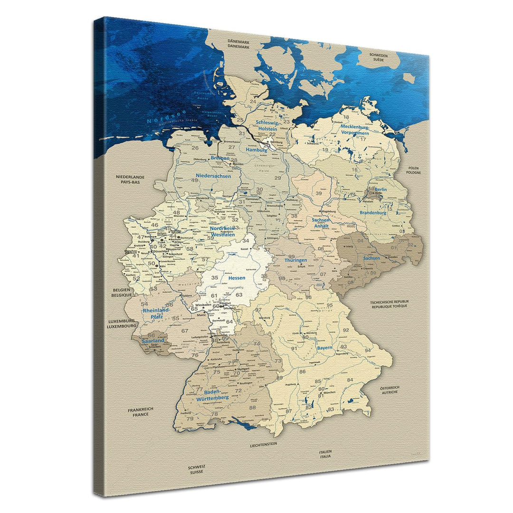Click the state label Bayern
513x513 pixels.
[325, 348]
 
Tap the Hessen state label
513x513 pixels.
[237, 278]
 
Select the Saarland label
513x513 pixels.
[152, 341]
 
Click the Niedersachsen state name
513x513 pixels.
[213, 176]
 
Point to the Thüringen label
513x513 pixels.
[295, 260]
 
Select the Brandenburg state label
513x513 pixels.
[373, 213]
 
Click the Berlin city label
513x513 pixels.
[380, 190]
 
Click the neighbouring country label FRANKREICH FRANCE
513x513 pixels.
[141, 412]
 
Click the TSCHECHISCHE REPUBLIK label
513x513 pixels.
[390, 304]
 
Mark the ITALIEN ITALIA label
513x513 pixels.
[325, 454]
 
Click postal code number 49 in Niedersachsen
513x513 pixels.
[195, 180]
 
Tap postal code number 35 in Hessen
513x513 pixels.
[215, 277]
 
